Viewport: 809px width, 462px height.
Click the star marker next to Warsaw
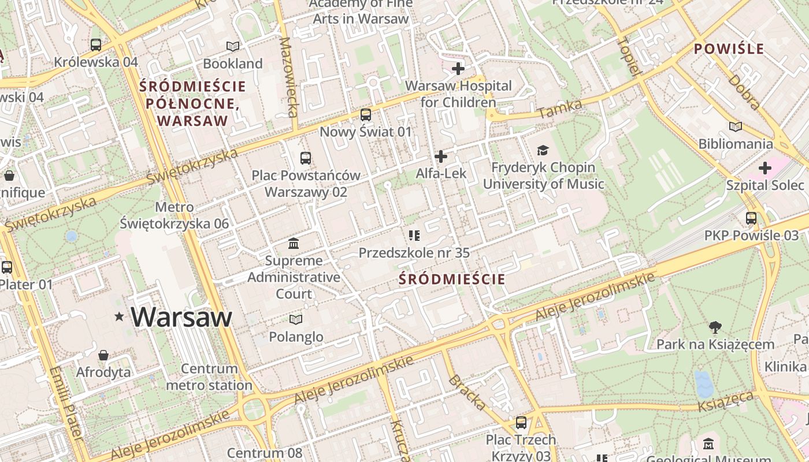tap(120, 316)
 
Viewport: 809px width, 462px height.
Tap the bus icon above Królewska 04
tap(96, 44)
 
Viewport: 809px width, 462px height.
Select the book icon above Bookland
tap(233, 46)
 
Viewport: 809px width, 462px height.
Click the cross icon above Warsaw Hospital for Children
tap(458, 69)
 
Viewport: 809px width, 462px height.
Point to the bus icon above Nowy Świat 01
tap(365, 115)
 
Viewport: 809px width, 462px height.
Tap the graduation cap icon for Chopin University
tap(543, 151)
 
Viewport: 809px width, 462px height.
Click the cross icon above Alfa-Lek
tap(441, 157)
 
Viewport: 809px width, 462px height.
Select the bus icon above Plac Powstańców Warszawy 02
tap(306, 158)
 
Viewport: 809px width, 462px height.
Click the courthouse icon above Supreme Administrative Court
tap(294, 243)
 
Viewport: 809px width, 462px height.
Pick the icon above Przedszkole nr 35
tap(414, 236)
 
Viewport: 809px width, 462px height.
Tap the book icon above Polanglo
tap(296, 319)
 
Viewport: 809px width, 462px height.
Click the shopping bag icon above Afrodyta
tap(103, 355)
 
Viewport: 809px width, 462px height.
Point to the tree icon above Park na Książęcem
tap(715, 327)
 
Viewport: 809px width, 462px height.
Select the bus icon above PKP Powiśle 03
tap(751, 218)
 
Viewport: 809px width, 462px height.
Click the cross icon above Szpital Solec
tap(765, 168)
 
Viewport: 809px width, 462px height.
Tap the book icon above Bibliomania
tap(736, 126)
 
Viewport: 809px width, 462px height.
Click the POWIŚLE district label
tap(729, 49)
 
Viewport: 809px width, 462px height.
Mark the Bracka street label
tap(467, 393)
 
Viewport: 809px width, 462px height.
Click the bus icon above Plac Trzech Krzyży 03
tap(521, 423)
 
